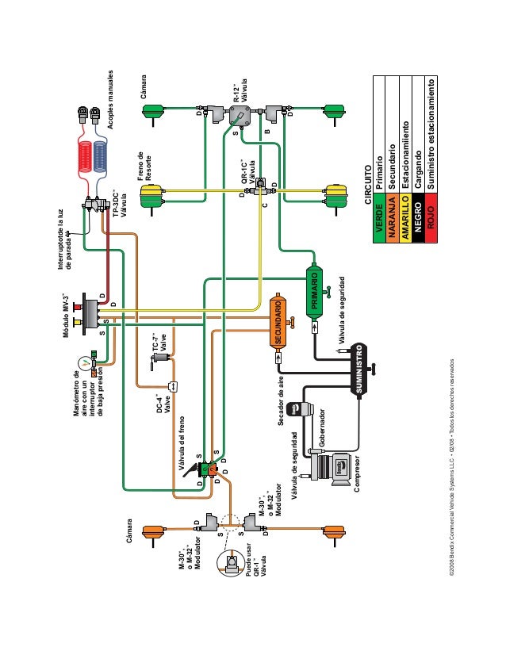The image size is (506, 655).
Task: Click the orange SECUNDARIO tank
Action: coord(278,320)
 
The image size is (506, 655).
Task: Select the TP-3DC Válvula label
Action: coord(119,202)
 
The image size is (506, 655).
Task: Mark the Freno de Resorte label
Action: coord(145,167)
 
